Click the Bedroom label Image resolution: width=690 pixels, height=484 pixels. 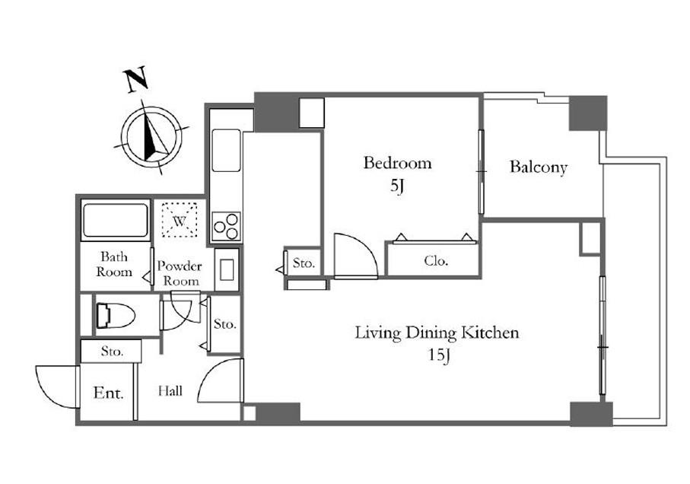point(397,163)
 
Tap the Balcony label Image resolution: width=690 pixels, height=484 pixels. point(538,167)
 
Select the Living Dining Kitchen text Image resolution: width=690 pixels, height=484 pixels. point(437,333)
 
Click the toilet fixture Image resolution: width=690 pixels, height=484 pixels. point(115,316)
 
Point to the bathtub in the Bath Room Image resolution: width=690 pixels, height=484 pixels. point(116,220)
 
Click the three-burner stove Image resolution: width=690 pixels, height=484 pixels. point(226,226)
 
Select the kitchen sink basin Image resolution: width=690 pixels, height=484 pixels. point(226,150)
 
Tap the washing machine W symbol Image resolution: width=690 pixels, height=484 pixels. point(179,220)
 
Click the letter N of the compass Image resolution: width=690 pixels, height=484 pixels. point(137,80)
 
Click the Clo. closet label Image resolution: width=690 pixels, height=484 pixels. point(436,261)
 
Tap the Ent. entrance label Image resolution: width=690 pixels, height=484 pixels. point(108,393)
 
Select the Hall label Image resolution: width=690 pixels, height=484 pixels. point(170,390)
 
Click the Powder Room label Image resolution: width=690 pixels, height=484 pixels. point(180,273)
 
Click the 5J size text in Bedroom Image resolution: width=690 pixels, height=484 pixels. point(396,186)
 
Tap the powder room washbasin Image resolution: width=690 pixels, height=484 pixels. point(227,269)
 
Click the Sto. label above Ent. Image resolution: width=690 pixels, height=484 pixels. point(112,351)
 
